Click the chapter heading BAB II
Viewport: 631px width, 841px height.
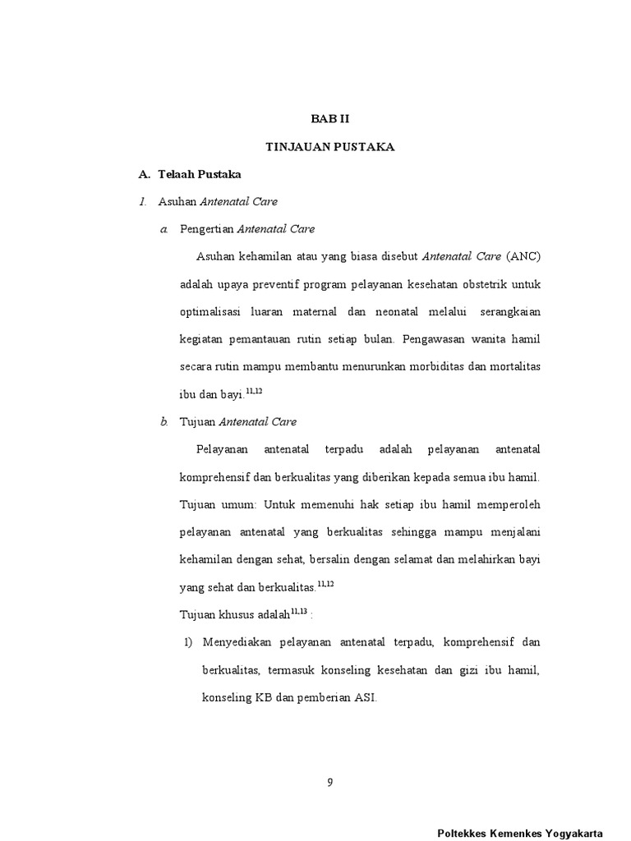tap(330, 118)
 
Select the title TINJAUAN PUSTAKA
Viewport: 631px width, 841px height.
tap(330, 146)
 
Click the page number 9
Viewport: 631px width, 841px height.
tap(329, 782)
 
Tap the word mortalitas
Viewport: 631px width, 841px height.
tap(513, 366)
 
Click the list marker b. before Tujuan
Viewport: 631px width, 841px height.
tap(164, 421)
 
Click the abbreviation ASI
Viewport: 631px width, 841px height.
tap(366, 697)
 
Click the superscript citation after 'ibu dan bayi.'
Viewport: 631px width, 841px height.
tap(254, 391)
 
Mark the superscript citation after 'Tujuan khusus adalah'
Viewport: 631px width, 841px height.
tap(298, 611)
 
